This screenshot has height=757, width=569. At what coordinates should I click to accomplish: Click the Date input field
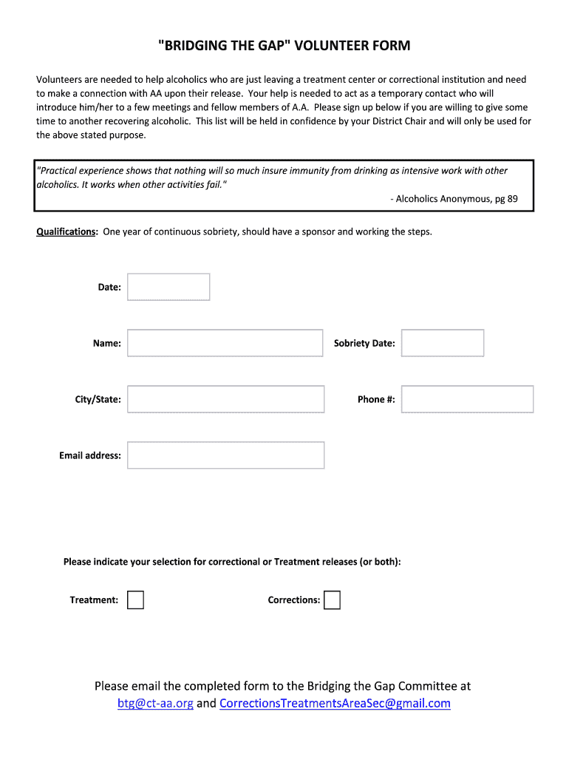[168, 287]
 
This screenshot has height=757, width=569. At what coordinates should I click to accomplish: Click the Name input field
[225, 343]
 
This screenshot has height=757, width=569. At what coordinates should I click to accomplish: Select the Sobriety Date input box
[442, 343]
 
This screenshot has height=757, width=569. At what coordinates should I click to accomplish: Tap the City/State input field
[225, 399]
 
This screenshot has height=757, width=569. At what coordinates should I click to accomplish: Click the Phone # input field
[467, 399]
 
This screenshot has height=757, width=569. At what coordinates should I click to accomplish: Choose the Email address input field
[225, 455]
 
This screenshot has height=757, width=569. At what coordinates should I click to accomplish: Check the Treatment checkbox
[135, 600]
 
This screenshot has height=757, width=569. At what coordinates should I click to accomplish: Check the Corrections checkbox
[333, 600]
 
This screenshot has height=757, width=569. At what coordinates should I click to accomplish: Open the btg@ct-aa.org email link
[155, 703]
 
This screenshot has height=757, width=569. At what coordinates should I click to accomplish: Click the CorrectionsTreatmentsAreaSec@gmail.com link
[335, 703]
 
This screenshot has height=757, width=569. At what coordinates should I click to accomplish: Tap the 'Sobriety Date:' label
[364, 343]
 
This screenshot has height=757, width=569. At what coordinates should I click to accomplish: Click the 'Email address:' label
[90, 455]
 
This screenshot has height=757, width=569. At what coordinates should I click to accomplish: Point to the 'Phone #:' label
[376, 399]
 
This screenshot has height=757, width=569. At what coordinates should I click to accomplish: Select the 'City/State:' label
[98, 399]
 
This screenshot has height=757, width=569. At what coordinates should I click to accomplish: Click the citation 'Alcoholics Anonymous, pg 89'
[456, 199]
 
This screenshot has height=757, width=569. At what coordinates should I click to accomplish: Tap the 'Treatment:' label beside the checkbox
[94, 600]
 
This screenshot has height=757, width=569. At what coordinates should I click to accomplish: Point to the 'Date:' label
[109, 287]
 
